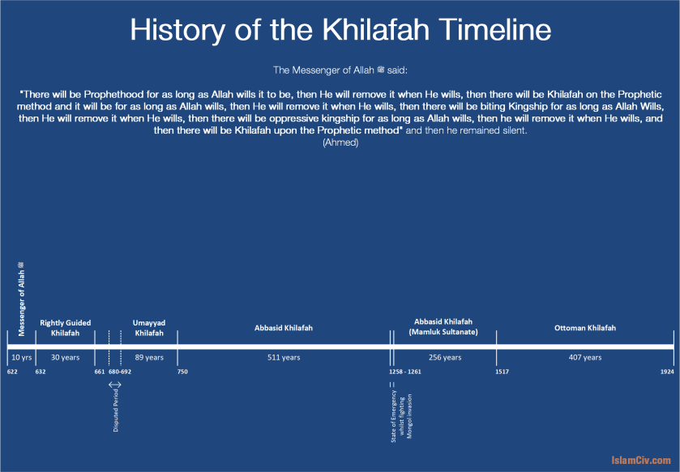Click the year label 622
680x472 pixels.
point(12,372)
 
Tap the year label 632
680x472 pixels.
point(41,372)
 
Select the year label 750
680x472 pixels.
point(182,372)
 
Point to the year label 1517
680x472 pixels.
point(503,372)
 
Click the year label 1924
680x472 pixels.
point(667,372)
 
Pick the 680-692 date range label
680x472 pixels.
point(120,372)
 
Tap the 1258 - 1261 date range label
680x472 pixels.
point(405,372)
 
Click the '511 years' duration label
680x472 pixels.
point(284,358)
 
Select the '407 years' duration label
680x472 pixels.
point(585,358)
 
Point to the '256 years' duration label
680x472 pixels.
point(445,358)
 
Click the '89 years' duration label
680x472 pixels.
point(149,358)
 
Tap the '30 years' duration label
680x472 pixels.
point(65,358)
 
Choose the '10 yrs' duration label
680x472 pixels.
point(22,358)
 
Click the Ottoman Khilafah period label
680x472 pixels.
point(585,328)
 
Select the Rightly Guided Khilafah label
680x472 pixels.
point(65,328)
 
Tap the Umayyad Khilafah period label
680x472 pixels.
point(149,328)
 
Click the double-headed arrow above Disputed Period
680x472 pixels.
point(115,385)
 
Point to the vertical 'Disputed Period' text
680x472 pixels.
point(116,410)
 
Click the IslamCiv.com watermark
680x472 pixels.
point(641,461)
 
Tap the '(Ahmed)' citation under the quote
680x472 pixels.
point(340,142)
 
